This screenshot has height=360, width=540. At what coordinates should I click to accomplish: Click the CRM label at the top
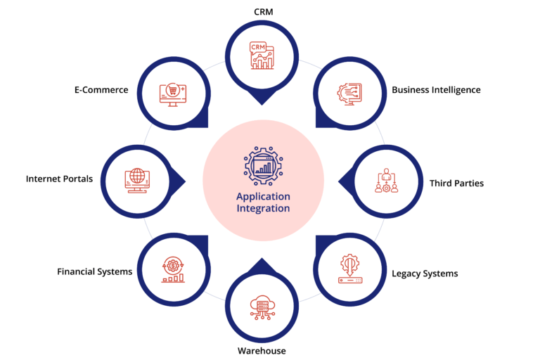coord(263,11)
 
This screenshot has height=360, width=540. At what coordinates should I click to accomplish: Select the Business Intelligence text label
coord(436,90)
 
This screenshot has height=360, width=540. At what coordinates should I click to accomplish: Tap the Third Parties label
coord(456,184)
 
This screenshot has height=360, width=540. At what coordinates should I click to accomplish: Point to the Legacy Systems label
coord(425,274)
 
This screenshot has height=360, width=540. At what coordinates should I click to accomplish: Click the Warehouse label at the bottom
coord(262,350)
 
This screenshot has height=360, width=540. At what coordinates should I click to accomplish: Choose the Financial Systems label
coord(95,271)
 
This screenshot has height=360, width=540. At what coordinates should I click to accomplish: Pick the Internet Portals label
coord(59,179)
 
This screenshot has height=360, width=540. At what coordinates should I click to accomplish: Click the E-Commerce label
coord(101,90)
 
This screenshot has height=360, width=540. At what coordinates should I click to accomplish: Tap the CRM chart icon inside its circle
coord(262,56)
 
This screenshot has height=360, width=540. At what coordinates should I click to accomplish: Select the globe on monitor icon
coord(136,180)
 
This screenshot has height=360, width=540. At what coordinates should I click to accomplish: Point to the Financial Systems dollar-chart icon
coord(172,269)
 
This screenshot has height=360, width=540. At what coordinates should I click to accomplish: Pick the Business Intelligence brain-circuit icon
coord(350,94)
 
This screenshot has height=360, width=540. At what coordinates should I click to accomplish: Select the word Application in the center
coord(263,196)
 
